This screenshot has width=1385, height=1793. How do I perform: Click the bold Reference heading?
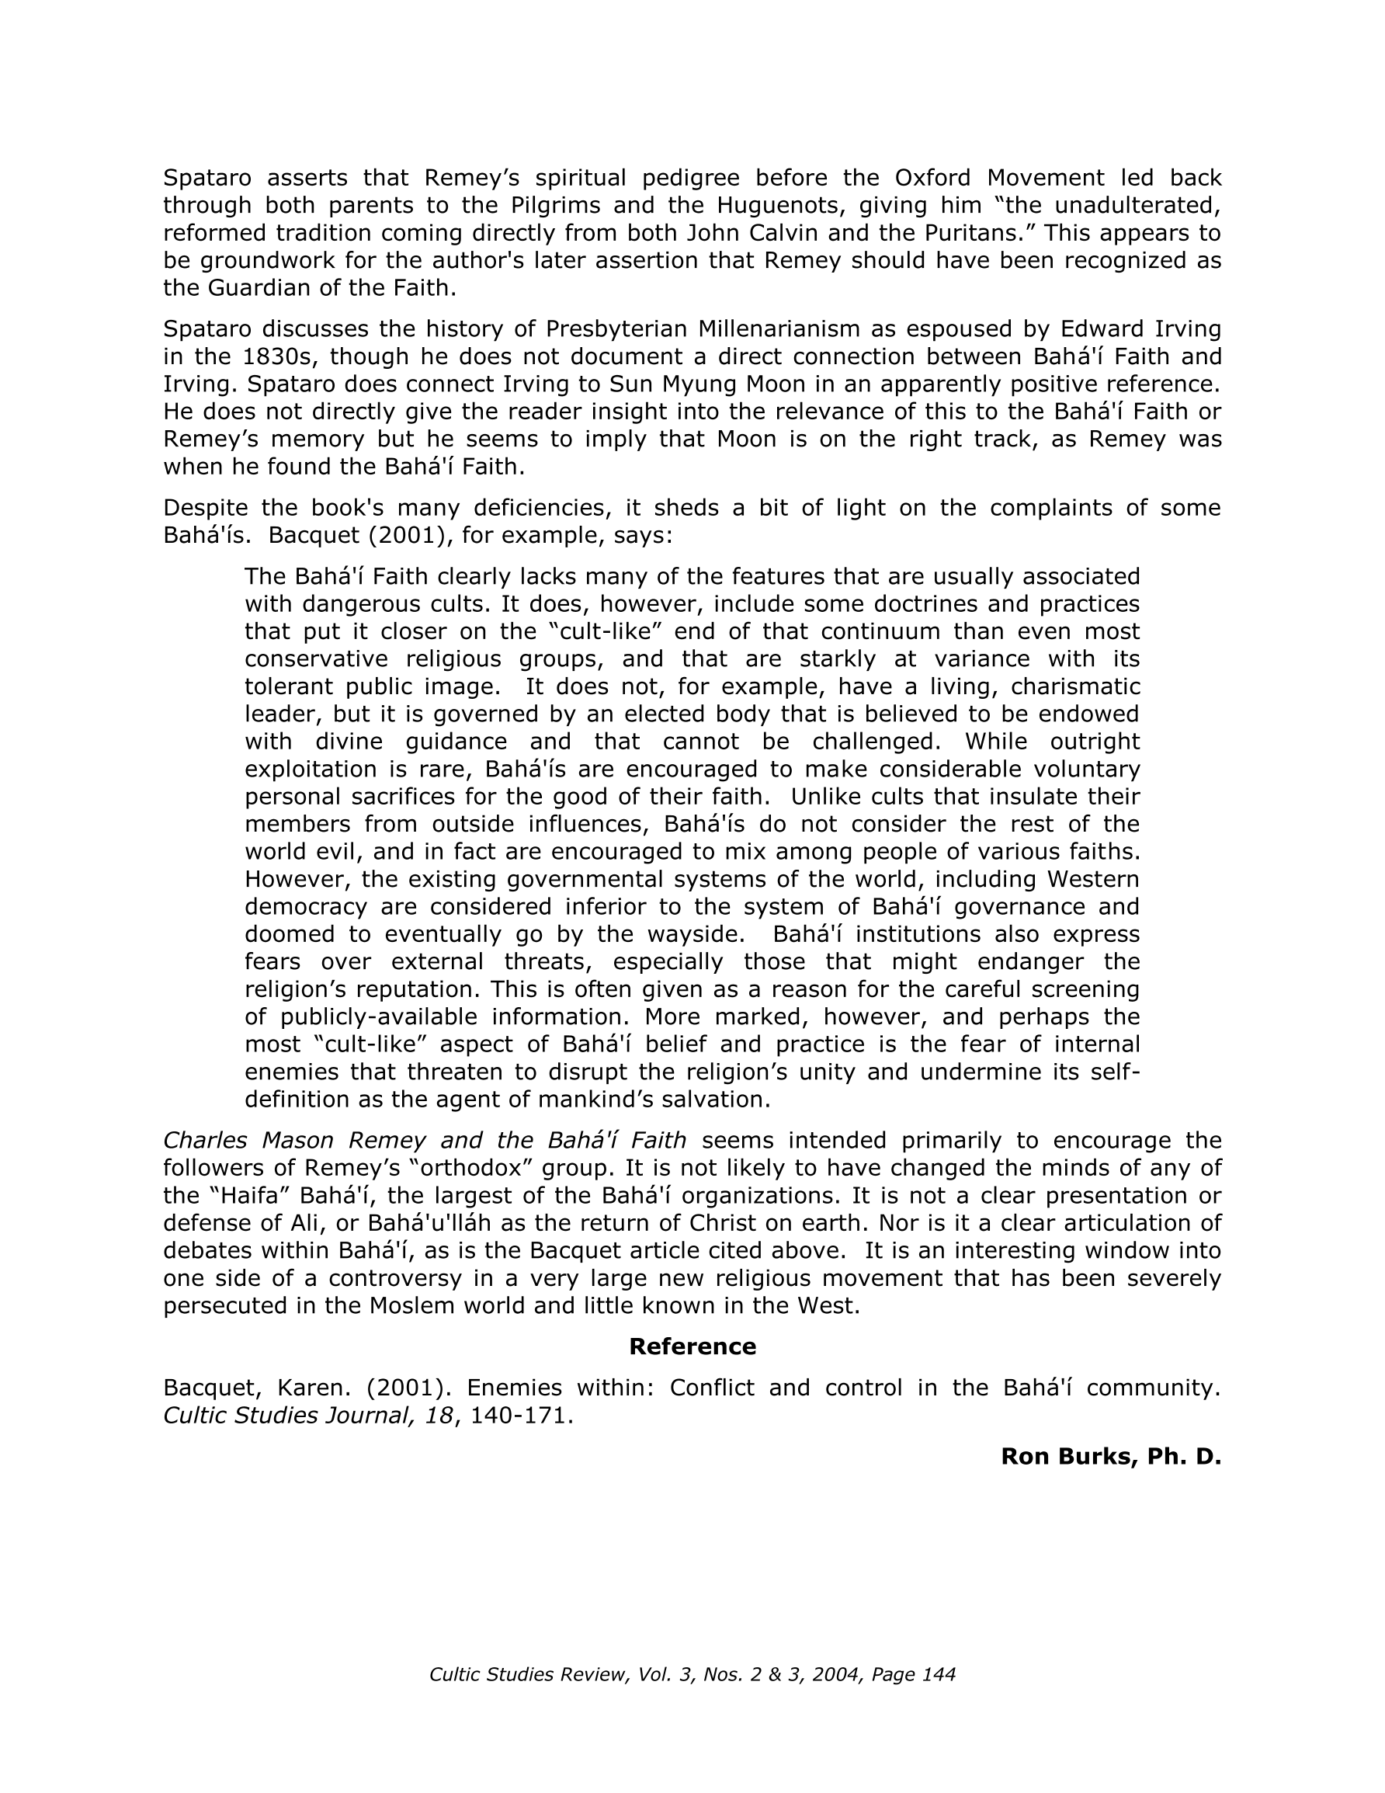(692, 1346)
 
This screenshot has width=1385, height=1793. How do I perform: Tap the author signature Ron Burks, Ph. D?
(1110, 1457)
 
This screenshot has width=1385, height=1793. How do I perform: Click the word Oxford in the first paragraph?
(932, 178)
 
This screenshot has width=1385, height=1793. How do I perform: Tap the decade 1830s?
(278, 357)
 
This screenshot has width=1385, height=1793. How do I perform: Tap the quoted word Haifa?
(254, 1195)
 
